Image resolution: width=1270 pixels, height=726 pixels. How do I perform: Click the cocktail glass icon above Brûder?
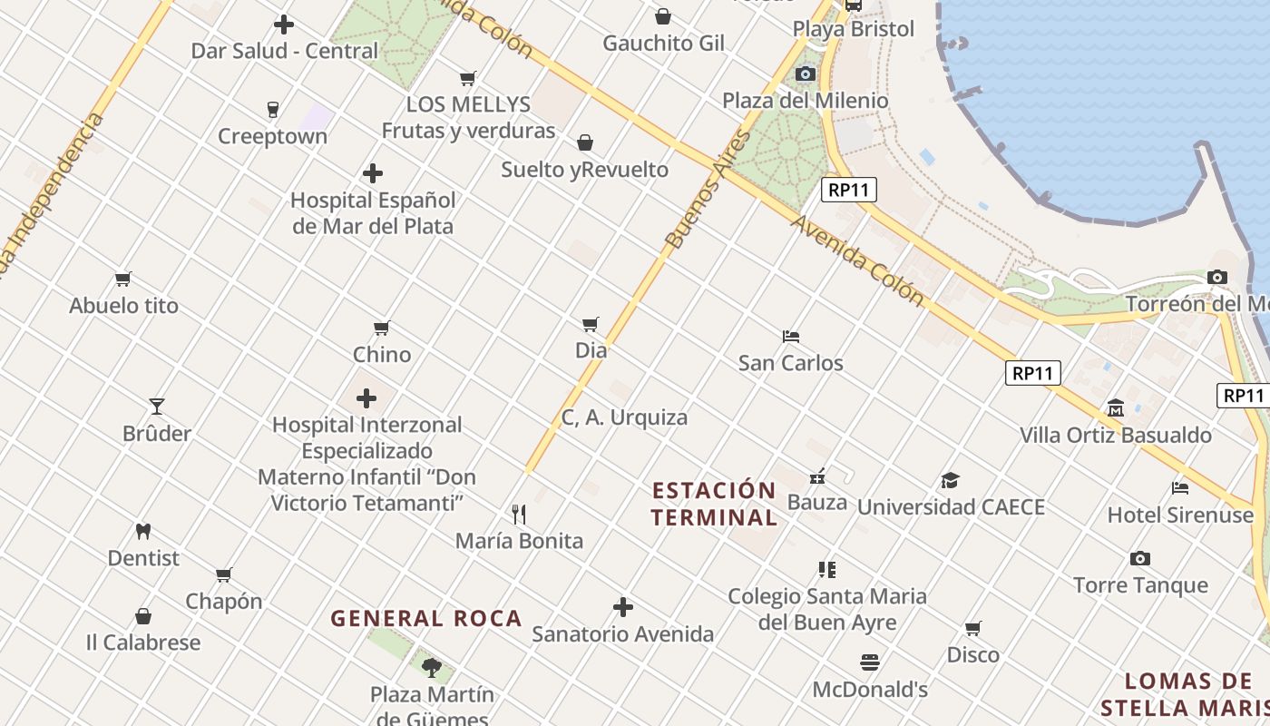pyautogui.click(x=157, y=406)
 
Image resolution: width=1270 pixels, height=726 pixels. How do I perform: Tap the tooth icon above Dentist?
pyautogui.click(x=143, y=531)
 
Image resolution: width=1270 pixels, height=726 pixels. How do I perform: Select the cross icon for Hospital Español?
pyautogui.click(x=372, y=173)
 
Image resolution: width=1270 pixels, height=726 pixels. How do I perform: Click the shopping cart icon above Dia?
pyautogui.click(x=591, y=323)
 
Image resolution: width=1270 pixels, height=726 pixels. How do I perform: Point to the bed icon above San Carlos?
pyautogui.click(x=791, y=336)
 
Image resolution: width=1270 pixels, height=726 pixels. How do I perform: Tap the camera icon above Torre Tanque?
pyautogui.click(x=1140, y=558)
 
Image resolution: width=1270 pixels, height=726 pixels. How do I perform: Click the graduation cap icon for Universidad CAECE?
pyautogui.click(x=950, y=480)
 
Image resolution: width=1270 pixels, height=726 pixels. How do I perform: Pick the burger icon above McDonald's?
pyautogui.click(x=870, y=662)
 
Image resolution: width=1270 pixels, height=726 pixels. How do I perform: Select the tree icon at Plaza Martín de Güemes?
pyautogui.click(x=432, y=668)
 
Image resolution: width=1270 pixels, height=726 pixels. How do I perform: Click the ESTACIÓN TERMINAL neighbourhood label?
pyautogui.click(x=715, y=504)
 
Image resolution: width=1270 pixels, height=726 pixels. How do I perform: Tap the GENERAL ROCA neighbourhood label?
pyautogui.click(x=426, y=619)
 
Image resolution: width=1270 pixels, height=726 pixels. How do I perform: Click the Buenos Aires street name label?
pyautogui.click(x=708, y=190)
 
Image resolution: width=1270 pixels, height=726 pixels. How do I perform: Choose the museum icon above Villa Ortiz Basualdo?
pyautogui.click(x=1116, y=408)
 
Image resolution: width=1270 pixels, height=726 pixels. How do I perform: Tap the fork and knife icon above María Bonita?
pyautogui.click(x=519, y=515)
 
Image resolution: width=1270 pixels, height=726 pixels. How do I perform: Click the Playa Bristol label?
pyautogui.click(x=854, y=29)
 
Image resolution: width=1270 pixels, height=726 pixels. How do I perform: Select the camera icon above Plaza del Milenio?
pyautogui.click(x=806, y=74)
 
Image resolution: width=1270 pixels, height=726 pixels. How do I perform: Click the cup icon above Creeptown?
pyautogui.click(x=272, y=110)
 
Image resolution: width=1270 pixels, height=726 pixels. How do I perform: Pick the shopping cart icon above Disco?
pyautogui.click(x=973, y=628)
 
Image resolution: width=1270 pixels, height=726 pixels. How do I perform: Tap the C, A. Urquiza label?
pyautogui.click(x=624, y=417)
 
